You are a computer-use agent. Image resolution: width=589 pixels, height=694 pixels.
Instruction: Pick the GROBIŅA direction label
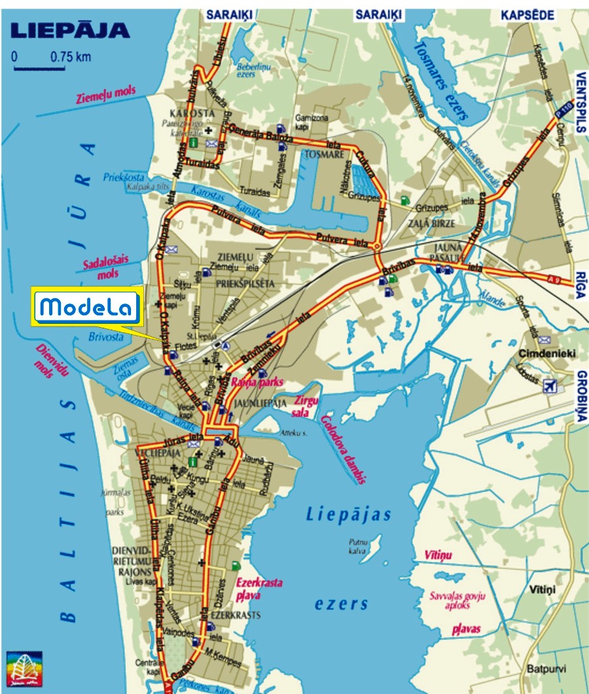pos(580,397)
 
